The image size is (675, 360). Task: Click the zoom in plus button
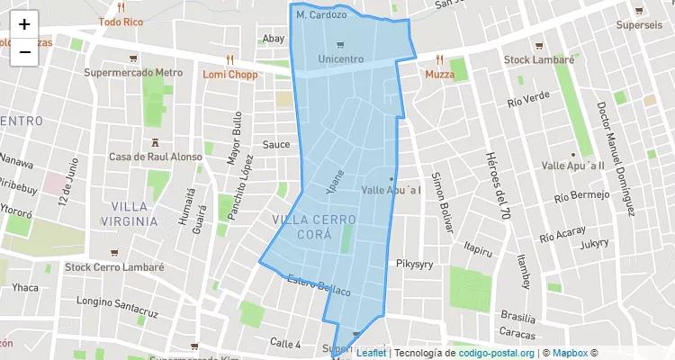tap(24, 24)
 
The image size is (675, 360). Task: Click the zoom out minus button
tap(24, 52)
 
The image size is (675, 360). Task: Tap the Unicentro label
tap(341, 58)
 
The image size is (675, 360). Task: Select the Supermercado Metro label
tap(133, 73)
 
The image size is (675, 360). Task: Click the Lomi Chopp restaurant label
tap(229, 74)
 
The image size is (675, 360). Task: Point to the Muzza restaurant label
tap(440, 74)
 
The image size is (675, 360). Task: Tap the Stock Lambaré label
tap(538, 59)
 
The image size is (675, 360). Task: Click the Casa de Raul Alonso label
tap(156, 157)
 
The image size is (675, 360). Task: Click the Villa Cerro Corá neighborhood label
tap(313, 227)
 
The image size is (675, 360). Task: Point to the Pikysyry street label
tap(415, 264)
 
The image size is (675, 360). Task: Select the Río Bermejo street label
tap(581, 195)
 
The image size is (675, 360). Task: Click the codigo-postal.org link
tap(496, 353)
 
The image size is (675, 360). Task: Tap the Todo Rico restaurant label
tap(121, 21)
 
